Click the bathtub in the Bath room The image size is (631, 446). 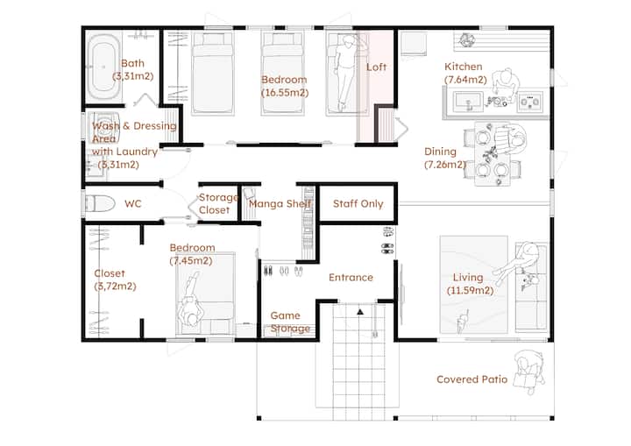[103, 67]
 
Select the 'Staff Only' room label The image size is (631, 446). [358, 203]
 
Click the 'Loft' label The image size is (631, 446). [376, 67]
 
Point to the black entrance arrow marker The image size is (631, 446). [360, 311]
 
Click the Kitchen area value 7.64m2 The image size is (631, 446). [465, 80]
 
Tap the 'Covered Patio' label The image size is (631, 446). [472, 379]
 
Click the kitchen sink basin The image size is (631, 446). [468, 101]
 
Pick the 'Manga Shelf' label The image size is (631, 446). [280, 203]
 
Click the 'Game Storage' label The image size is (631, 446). [290, 322]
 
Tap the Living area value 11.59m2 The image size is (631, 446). [470, 290]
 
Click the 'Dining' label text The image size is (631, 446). [440, 152]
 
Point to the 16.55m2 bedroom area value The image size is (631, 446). [285, 93]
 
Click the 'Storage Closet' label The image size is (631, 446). [218, 203]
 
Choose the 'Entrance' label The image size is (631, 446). [351, 278]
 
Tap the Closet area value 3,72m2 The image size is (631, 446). [115, 287]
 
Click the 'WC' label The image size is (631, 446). [133, 203]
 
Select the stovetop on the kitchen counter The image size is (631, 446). [530, 101]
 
